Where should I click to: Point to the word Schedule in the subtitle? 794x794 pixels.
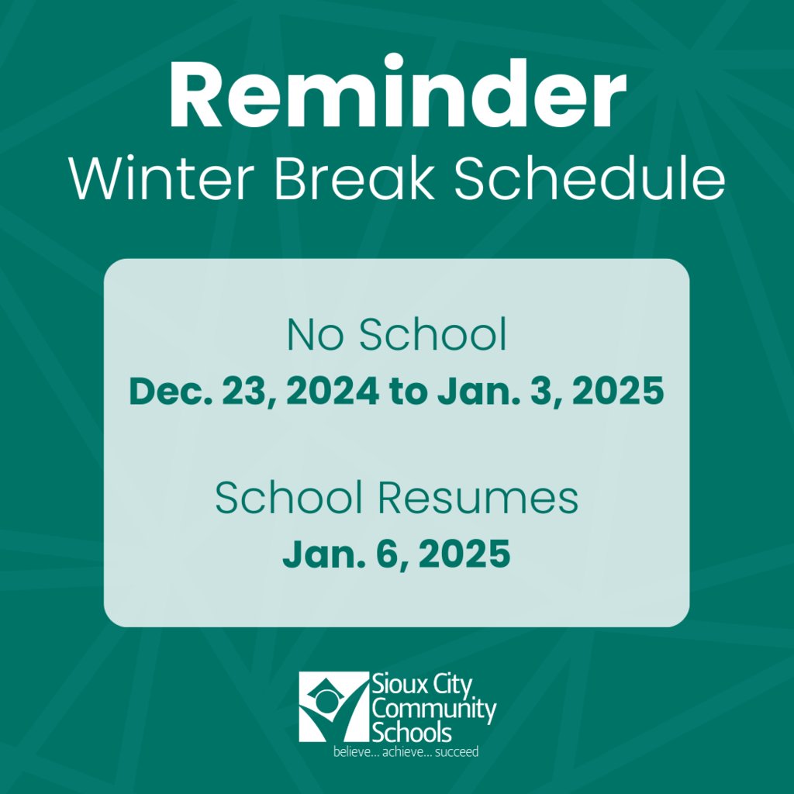pos(589,180)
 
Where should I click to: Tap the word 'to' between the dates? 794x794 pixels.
pos(409,392)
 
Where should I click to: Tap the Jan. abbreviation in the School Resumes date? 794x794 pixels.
pos(318,555)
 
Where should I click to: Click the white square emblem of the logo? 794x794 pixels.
pos(333,706)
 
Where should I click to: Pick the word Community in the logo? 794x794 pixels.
pos(434,709)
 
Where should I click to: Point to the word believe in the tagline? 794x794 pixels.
pos(352,751)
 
